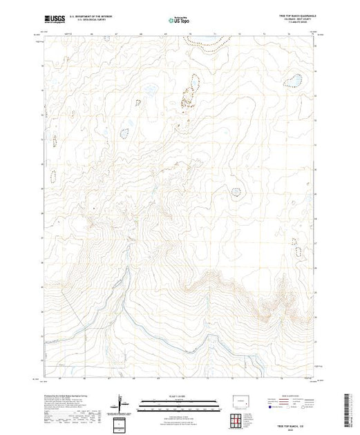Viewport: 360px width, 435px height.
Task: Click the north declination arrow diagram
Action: (x=122, y=400)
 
